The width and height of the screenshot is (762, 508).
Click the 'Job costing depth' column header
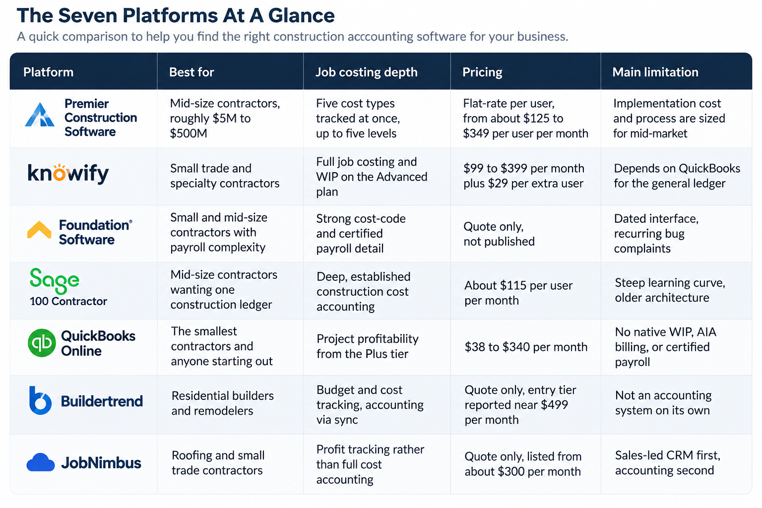(x=367, y=72)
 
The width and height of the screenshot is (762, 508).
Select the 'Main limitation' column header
(x=655, y=72)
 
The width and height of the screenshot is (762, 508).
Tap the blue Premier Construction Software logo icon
(x=40, y=115)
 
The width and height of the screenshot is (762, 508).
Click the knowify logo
(x=68, y=173)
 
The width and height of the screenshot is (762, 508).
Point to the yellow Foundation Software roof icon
(x=39, y=230)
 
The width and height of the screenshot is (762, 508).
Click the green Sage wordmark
(x=55, y=280)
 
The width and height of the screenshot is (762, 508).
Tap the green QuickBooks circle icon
(x=42, y=343)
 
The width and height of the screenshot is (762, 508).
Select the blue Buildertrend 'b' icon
(x=40, y=400)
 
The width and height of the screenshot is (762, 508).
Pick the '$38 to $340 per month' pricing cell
(x=526, y=347)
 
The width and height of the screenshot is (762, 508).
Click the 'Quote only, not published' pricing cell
(x=499, y=234)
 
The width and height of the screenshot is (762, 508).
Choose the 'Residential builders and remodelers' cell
(x=222, y=403)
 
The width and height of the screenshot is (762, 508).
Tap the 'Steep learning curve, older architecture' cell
(x=670, y=290)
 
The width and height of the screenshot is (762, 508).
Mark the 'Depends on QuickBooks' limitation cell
(x=677, y=176)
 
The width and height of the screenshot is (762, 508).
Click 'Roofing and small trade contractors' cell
(x=218, y=463)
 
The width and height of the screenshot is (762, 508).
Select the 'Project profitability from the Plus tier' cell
(x=368, y=346)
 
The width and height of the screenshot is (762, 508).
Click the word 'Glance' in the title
(x=302, y=16)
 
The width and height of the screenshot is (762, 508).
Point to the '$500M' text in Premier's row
(x=189, y=133)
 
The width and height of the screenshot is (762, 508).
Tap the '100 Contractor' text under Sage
(x=68, y=301)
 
